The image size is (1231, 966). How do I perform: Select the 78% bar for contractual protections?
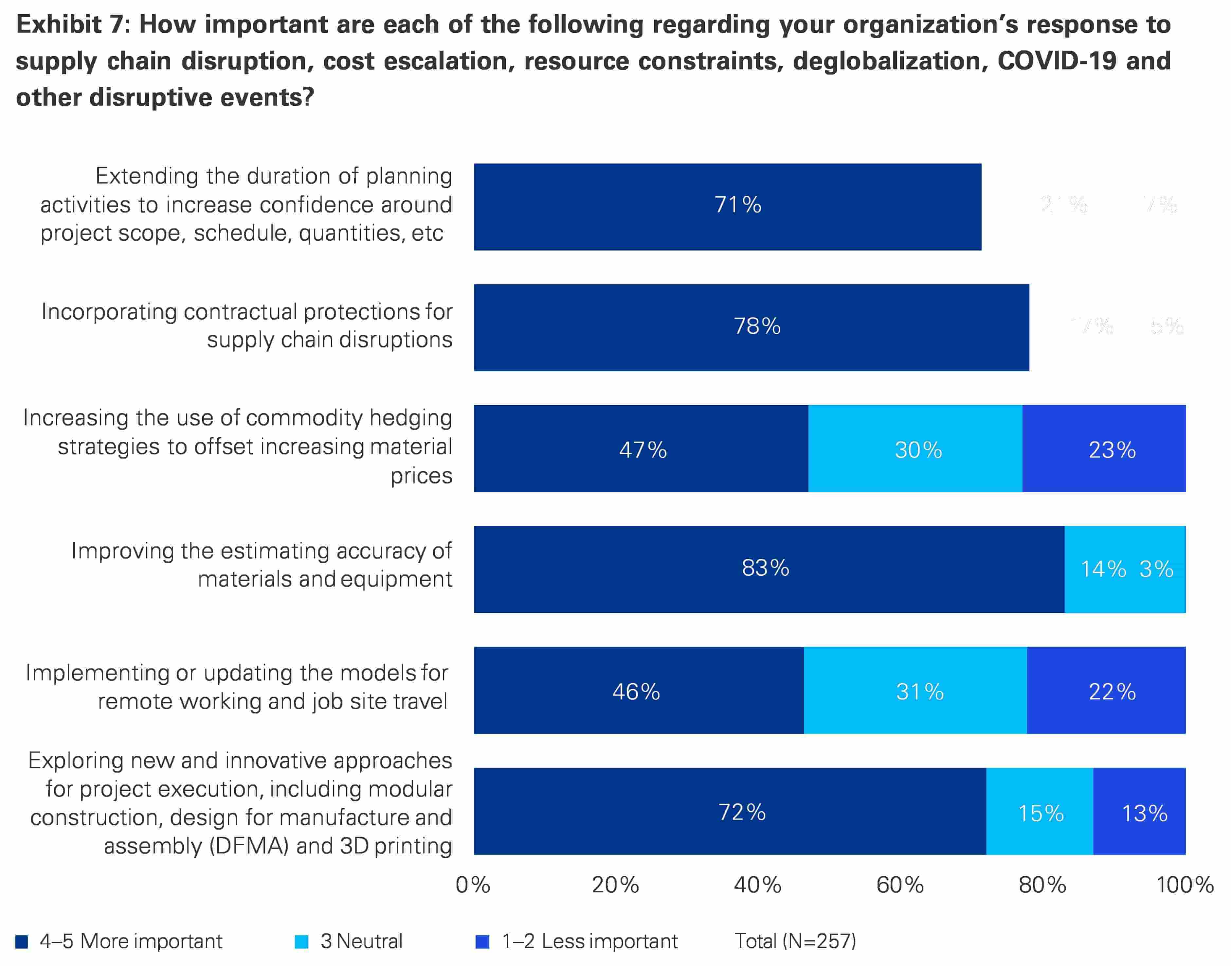tap(751, 327)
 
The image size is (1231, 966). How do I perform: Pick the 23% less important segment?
tap(1104, 448)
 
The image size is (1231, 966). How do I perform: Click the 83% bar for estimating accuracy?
tap(769, 569)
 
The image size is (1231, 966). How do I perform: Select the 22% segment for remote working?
tap(1106, 690)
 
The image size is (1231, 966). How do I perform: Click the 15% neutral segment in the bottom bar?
tap(1039, 811)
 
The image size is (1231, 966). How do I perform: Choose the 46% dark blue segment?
tap(639, 690)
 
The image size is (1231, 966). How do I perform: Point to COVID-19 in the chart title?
tap(1057, 61)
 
